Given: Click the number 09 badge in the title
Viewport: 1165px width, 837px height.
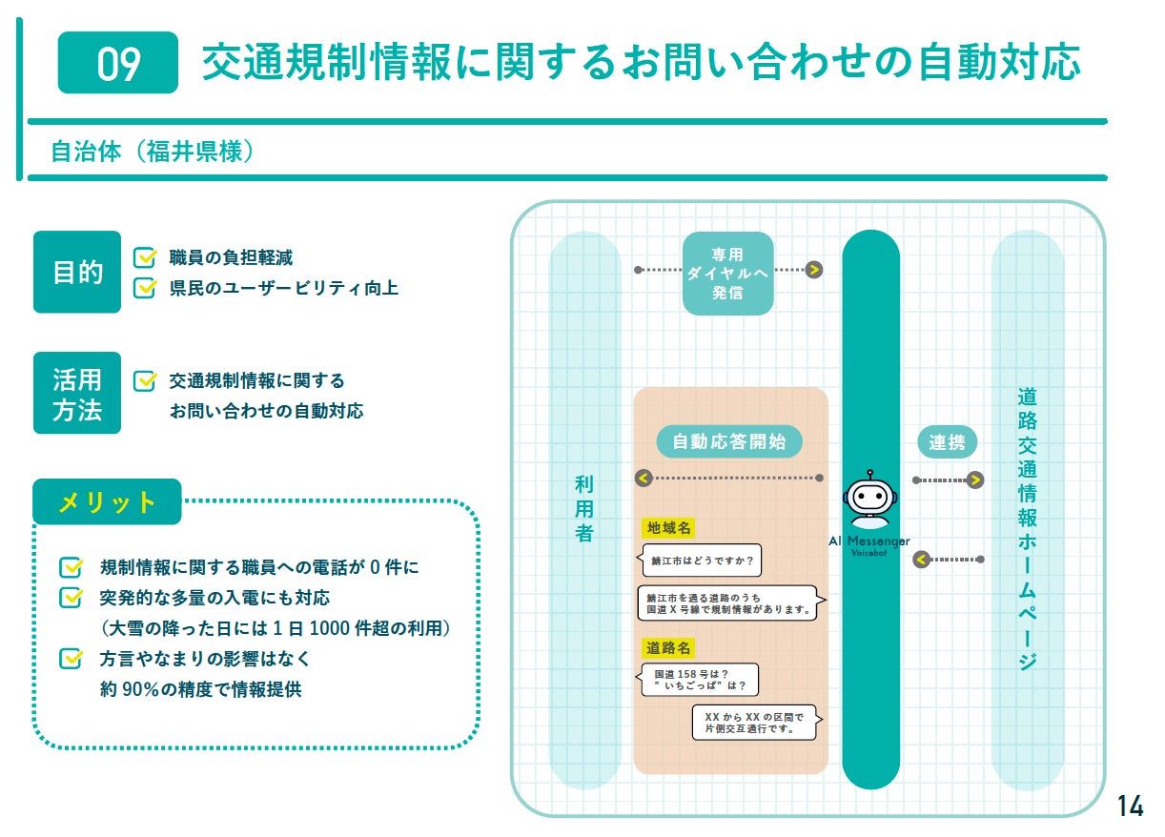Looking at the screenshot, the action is (118, 63).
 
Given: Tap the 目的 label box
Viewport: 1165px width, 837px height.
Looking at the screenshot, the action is (77, 272).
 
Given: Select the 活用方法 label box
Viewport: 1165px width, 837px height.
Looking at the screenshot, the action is (77, 394).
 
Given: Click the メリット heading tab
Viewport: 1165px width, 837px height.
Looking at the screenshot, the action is (107, 502).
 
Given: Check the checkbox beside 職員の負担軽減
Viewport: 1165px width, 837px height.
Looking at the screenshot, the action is (145, 257).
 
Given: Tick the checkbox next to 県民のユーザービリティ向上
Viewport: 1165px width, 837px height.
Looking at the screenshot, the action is (145, 287).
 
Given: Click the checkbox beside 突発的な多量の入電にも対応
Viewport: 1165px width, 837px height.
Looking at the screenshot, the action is (71, 598).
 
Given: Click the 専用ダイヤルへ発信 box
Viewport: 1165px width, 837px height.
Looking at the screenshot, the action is (727, 274).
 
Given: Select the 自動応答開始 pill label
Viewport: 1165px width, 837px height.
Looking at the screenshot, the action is (729, 441).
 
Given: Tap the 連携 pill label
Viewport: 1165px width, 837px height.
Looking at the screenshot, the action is (947, 442).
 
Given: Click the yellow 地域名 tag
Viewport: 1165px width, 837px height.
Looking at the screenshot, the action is (668, 527).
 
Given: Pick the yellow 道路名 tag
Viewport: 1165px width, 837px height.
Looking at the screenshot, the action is (668, 647).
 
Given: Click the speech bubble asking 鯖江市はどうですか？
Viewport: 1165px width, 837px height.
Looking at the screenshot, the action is (702, 561).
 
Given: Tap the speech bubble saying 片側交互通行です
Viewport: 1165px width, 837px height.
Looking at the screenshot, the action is (755, 723).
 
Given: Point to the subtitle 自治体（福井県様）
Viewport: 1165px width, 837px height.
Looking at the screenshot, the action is (152, 151).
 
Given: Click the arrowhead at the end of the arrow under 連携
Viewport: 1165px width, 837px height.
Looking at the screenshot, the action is (974, 480).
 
